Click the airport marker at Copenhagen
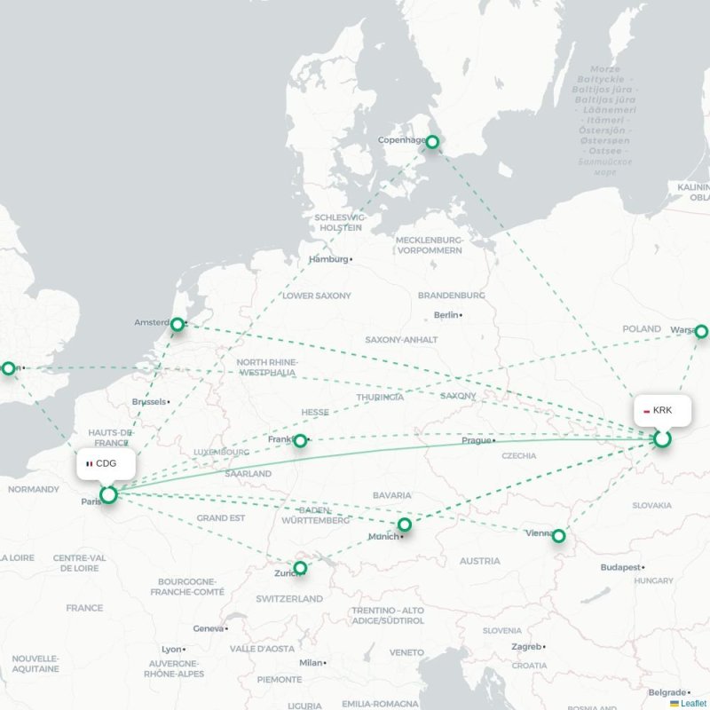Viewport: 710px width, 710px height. (432, 142)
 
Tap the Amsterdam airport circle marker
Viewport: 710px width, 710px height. (177, 325)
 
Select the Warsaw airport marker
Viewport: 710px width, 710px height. (701, 331)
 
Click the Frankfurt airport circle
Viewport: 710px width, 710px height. (300, 440)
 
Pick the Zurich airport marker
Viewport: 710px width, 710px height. (300, 567)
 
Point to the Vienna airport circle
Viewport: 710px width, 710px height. (558, 536)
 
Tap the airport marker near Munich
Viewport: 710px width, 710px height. (405, 525)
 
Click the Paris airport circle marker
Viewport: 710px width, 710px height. (108, 494)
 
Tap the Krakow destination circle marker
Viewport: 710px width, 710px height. (662, 438)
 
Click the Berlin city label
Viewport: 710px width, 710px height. (447, 315)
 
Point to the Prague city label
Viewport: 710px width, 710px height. (476, 440)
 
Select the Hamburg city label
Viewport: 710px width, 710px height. (328, 260)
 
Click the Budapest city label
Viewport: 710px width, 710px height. (619, 567)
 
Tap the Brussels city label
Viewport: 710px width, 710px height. (148, 402)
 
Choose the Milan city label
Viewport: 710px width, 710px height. (311, 663)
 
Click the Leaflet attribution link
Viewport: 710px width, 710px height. (692, 703)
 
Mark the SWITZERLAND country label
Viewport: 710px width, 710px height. (289, 599)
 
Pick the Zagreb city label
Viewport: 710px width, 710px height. (526, 647)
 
